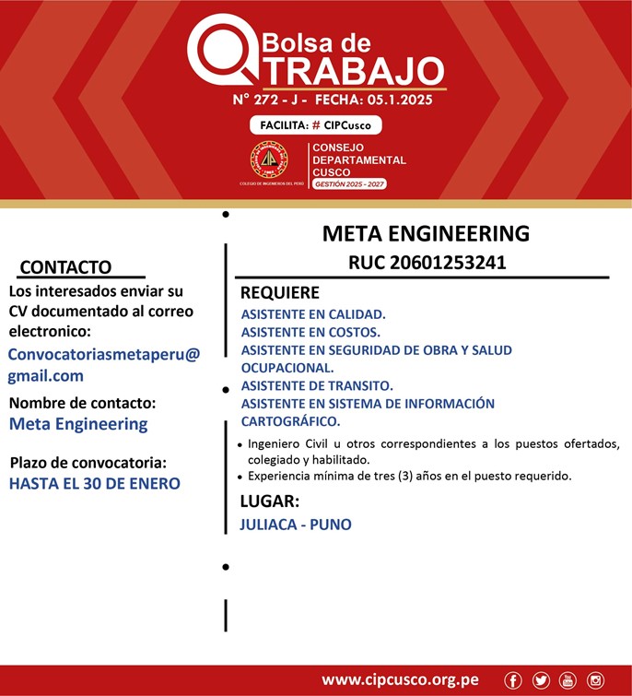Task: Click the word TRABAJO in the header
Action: click(358, 70)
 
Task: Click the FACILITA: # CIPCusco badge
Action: click(315, 124)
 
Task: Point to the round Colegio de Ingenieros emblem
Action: click(269, 159)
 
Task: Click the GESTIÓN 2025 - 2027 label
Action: click(349, 184)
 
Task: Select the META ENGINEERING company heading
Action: click(426, 233)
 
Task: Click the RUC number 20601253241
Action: click(427, 262)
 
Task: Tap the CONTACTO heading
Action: click(65, 267)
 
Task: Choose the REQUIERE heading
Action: click(280, 293)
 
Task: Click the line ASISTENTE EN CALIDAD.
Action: click(313, 314)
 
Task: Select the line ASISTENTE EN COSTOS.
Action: click(310, 332)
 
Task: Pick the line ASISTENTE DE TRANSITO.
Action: click(317, 385)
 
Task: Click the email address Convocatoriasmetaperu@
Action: click(103, 354)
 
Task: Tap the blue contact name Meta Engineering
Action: click(78, 424)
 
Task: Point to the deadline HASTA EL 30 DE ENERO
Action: click(95, 482)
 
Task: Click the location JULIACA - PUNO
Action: click(295, 525)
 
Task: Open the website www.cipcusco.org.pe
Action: click(400, 680)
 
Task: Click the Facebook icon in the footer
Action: click(513, 680)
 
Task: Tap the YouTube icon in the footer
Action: click(568, 680)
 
